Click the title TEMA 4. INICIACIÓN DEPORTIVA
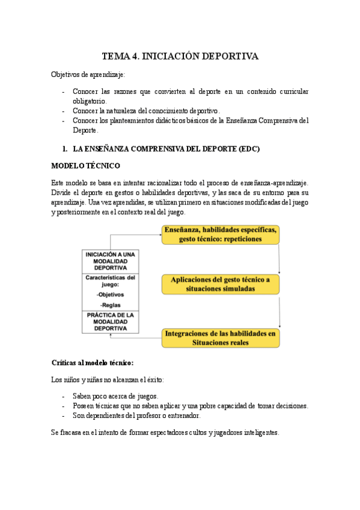[x=180, y=57]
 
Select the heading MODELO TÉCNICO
[x=85, y=165]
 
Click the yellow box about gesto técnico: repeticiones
[x=221, y=234]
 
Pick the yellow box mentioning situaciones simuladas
[x=221, y=284]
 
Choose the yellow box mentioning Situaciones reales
[x=221, y=338]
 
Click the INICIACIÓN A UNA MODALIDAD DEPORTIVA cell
[x=111, y=261]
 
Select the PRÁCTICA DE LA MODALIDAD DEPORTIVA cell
[x=111, y=322]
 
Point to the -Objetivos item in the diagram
[x=110, y=294]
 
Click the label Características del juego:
[x=111, y=281]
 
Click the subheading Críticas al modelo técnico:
[x=93, y=363]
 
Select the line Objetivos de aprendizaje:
[x=88, y=74]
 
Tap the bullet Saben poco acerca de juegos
[x=115, y=396]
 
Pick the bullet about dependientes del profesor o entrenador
[x=136, y=416]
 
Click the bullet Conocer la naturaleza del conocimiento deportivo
[x=146, y=111]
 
